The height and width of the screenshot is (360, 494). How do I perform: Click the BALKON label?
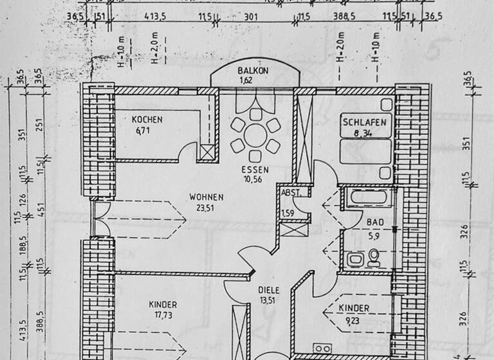point(252,71)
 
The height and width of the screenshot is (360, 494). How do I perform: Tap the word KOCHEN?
point(147,120)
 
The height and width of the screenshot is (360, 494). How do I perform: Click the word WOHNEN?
point(206,197)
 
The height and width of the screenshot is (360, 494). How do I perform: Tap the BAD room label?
point(374,222)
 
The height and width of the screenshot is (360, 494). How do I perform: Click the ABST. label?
point(289,192)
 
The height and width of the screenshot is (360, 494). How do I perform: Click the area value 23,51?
point(206,207)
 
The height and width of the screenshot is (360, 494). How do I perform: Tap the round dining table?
point(255,135)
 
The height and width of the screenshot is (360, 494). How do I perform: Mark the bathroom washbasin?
point(354,260)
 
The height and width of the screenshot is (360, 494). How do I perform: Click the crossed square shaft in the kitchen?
point(206,153)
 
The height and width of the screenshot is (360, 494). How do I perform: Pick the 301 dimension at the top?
point(251,17)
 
